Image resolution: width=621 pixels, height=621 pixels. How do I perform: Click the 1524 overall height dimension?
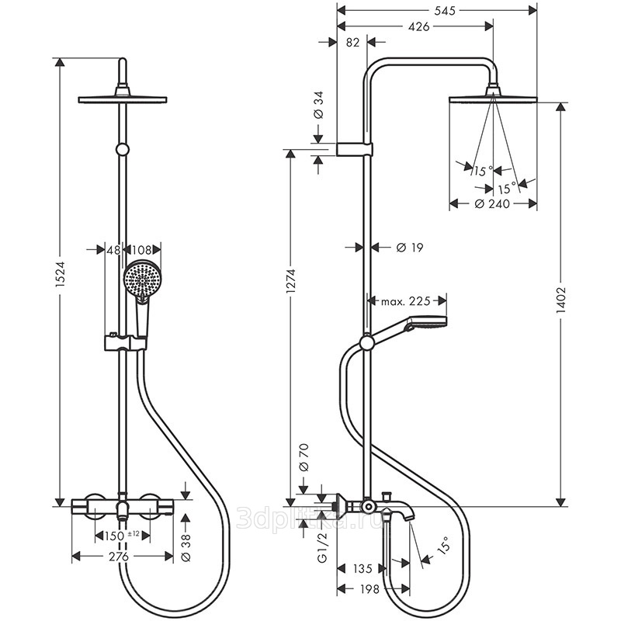click(60, 279)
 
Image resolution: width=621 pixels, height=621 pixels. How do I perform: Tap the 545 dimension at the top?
click(445, 11)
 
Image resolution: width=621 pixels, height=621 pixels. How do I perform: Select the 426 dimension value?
click(418, 26)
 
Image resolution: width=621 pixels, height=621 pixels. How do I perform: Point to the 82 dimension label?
click(352, 42)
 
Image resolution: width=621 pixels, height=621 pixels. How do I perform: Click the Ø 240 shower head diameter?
click(492, 204)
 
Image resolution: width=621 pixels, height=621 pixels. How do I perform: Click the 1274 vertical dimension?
click(291, 281)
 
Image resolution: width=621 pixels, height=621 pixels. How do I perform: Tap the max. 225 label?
click(405, 302)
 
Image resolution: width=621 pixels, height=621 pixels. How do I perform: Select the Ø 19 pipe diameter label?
click(410, 248)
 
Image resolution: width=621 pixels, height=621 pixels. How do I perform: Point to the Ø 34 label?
click(318, 105)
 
